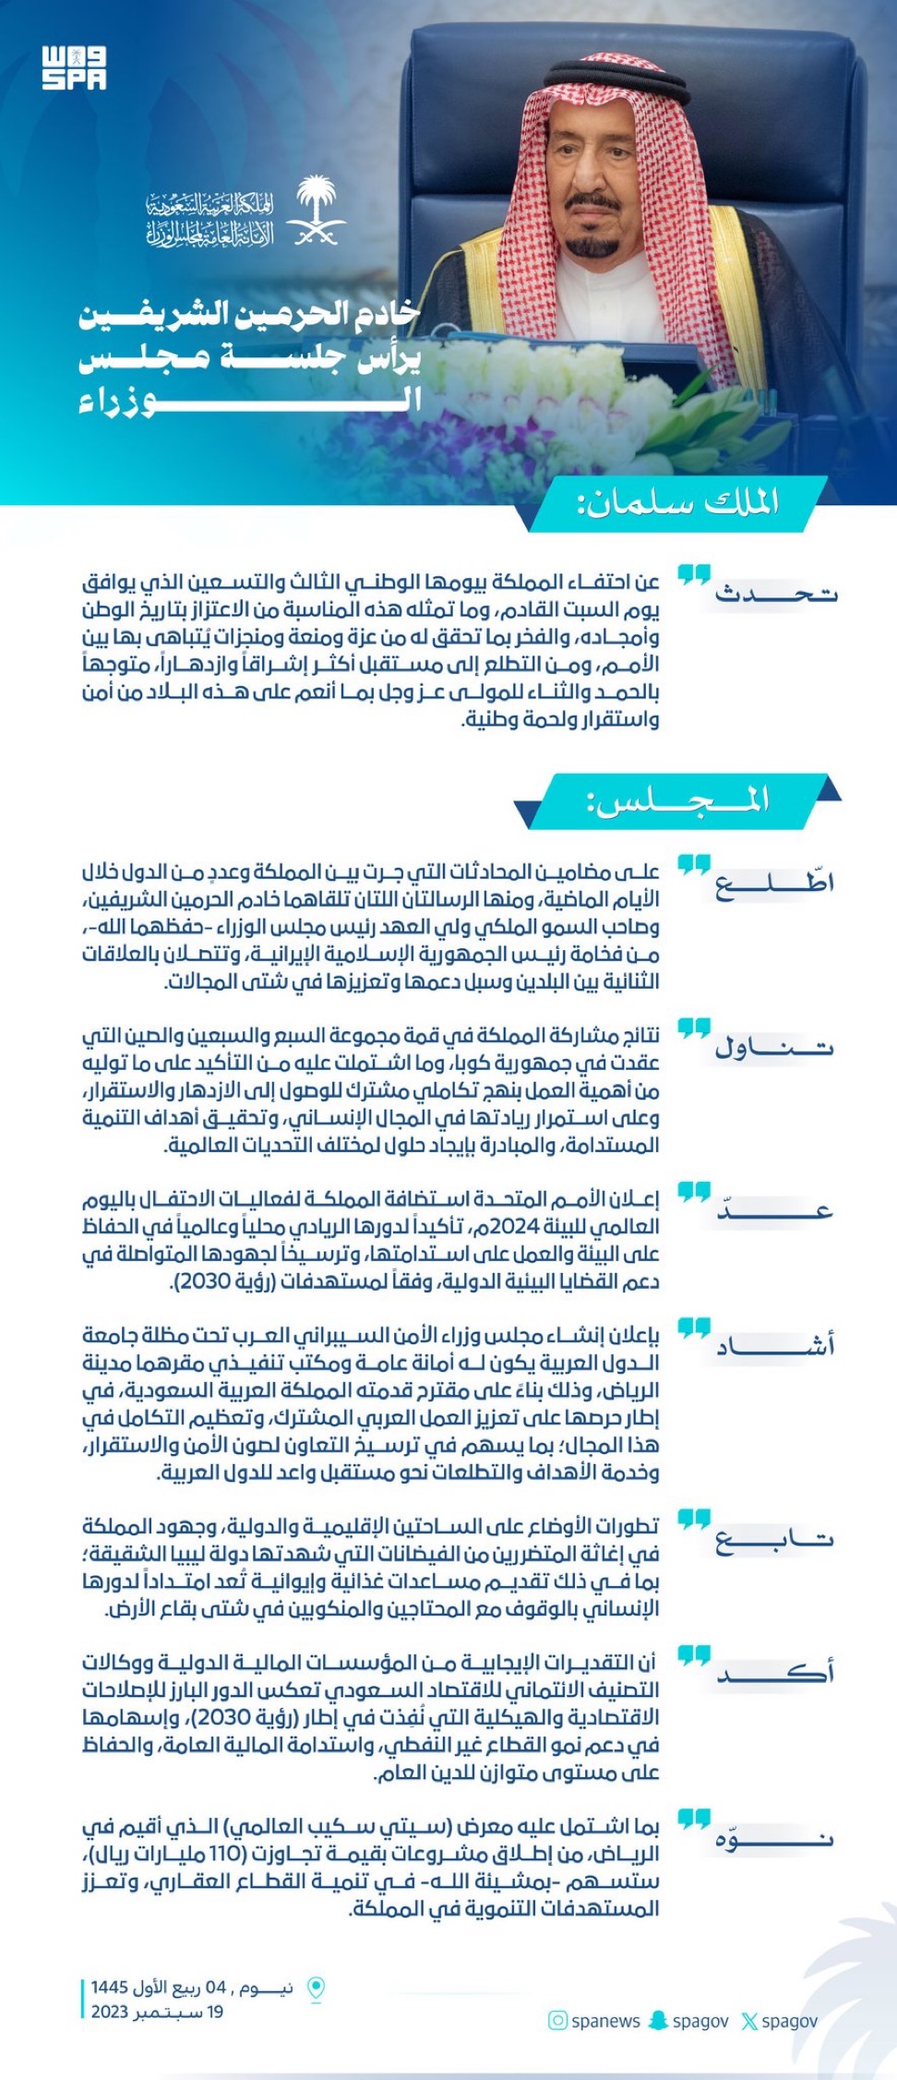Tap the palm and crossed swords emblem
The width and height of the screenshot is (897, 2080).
317,210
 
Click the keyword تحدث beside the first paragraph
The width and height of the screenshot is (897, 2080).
776,594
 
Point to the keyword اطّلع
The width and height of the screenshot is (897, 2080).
775,883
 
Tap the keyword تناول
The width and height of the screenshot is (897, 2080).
775,1047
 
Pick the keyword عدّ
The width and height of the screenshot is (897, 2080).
775,1210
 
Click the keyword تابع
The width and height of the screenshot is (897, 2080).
775,1538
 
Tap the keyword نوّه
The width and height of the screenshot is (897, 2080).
775,1838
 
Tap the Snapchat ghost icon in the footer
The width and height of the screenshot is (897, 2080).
658,2021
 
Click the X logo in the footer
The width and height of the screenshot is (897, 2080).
749,2022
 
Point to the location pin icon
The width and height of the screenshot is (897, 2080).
316,1989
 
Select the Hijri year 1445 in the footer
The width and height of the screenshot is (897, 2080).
110,1987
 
